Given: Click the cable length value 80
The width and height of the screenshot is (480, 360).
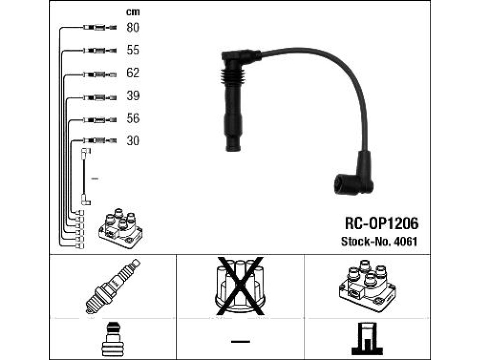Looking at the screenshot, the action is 133,28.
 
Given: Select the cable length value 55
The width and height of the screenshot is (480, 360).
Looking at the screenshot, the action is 133,50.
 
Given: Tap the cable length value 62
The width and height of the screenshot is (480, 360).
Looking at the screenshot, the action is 133,73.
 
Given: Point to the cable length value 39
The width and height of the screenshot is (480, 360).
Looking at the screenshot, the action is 133,96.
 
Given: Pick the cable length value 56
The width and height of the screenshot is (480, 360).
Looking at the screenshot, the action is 133,118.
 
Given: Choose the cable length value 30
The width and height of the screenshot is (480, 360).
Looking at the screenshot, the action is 133,141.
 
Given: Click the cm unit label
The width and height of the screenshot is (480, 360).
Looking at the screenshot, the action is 133,12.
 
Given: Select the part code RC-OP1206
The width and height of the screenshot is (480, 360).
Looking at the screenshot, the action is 382,224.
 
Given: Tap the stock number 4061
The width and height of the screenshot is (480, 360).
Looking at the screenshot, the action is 405,241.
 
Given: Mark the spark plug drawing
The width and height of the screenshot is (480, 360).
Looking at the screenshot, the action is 112,286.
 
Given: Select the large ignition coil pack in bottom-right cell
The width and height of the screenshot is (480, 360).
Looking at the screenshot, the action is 367,285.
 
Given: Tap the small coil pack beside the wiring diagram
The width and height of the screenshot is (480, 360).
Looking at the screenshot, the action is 120,228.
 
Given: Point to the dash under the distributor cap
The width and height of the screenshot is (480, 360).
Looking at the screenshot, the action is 240,341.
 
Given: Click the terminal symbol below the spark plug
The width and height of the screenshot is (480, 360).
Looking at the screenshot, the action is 112,339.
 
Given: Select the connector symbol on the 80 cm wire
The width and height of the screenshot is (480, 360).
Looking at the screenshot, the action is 99,28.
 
